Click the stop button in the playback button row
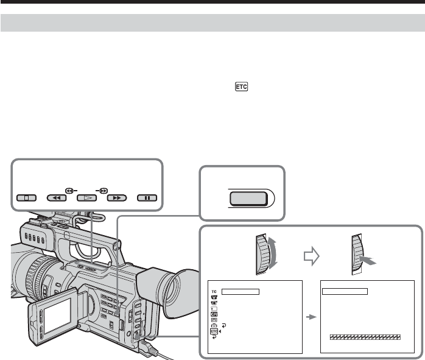pos(26,198)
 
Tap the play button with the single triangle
pos(86,198)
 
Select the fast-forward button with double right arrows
pos(117,198)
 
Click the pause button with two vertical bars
pos(147,198)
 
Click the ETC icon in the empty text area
pos(241,86)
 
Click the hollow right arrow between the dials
pos(311,256)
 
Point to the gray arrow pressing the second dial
pos(368,261)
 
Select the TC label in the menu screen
pos(214,292)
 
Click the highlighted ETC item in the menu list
pos(214,331)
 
